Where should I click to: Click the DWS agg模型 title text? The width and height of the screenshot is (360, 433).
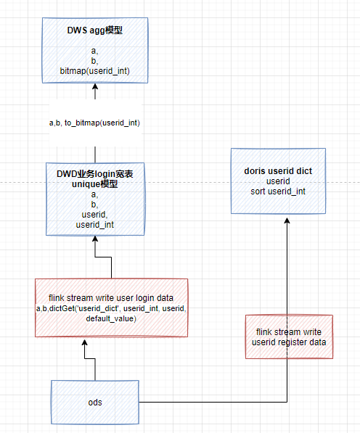pos(94,31)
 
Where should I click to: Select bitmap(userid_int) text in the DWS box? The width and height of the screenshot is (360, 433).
pos(94,70)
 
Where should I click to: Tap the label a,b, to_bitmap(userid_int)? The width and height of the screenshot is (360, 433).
pos(94,123)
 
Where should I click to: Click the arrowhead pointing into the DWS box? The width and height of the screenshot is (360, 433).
pos(94,87)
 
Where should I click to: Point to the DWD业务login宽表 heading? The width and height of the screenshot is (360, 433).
pos(94,174)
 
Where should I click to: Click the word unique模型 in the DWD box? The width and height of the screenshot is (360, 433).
pos(94,184)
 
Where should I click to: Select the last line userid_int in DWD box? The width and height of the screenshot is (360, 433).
pos(94,226)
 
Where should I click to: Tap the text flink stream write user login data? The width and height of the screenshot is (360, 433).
pos(111,298)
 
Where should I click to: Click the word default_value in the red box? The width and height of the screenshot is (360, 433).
pos(111,318)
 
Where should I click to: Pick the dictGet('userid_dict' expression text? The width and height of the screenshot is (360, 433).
pos(94,308)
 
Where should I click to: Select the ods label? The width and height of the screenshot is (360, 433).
pos(94,402)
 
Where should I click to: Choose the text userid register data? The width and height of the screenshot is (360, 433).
pos(289,342)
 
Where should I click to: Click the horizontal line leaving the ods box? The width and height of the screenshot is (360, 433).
pos(210,402)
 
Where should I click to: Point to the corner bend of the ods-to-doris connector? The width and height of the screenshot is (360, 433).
pos(287,402)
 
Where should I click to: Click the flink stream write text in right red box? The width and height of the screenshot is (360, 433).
pos(289,331)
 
